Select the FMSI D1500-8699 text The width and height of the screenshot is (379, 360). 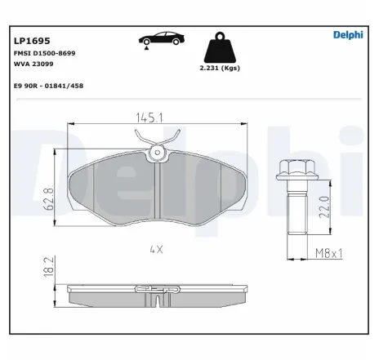(x=45, y=52)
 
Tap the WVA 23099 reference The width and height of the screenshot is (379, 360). (x=33, y=63)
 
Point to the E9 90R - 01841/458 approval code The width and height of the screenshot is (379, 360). (x=49, y=85)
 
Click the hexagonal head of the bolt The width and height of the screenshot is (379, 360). (x=292, y=169)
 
